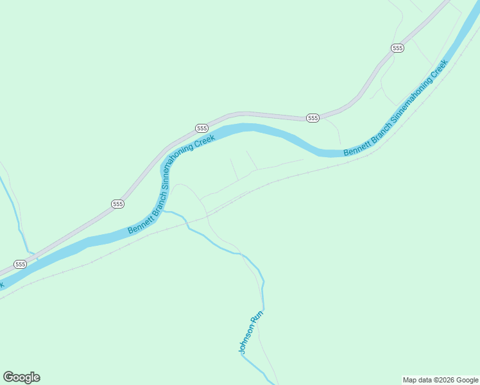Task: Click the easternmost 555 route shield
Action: coord(397,48)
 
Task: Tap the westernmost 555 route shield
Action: coord(20,264)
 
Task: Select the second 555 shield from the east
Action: coord(313,118)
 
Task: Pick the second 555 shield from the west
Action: coord(117,203)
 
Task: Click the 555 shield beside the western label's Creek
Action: coord(201,128)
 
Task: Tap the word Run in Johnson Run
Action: coord(257,316)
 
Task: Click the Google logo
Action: coord(21,377)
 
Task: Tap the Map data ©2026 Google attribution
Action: coord(440,380)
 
